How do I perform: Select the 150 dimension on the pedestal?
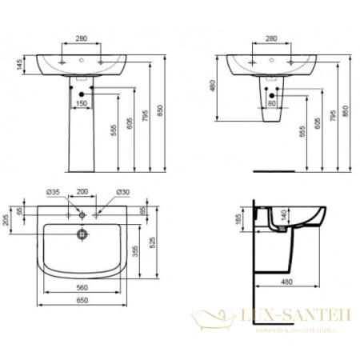coord(81,103)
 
